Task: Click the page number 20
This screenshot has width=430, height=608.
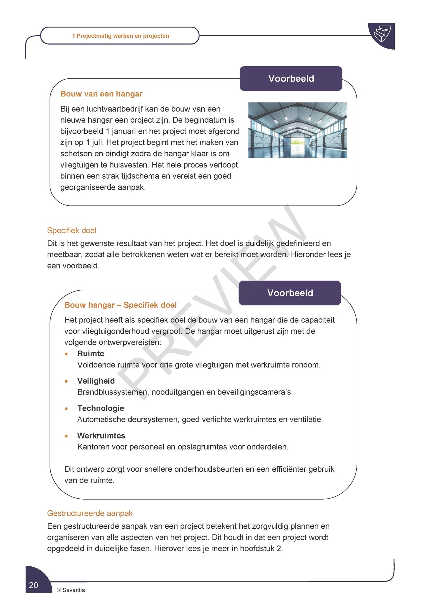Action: click(34, 585)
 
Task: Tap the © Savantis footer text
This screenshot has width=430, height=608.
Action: click(71, 590)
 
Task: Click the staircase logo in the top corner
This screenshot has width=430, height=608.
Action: click(382, 34)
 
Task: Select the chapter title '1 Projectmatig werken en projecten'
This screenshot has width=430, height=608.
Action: click(120, 36)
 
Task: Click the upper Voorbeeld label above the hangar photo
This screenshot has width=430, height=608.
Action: click(291, 79)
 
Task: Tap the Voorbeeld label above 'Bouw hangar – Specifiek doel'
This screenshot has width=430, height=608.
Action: click(290, 293)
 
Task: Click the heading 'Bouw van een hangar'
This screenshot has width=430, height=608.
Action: click(101, 94)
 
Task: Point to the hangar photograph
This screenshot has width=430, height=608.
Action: click(297, 130)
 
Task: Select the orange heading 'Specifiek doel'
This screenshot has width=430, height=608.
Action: click(72, 230)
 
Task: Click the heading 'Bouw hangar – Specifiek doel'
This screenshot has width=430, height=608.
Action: click(120, 305)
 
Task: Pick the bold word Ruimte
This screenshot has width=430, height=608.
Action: click(91, 354)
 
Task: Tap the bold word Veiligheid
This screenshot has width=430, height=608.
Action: click(96, 381)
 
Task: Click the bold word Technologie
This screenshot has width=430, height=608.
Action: click(101, 408)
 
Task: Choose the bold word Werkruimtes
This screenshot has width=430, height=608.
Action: click(101, 436)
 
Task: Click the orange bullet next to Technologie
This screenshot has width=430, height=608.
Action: click(67, 408)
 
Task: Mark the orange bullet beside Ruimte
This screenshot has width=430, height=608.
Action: click(67, 354)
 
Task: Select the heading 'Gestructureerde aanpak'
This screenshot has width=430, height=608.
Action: click(90, 513)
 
